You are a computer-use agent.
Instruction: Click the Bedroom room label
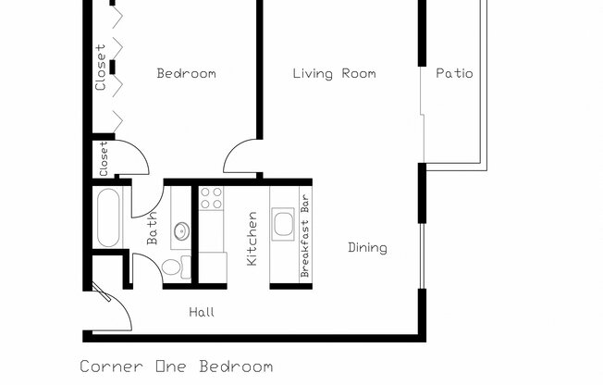tap(186, 74)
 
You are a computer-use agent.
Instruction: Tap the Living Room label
tap(334, 74)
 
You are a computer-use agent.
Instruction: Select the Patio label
tap(454, 74)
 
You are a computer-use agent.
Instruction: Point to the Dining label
tap(367, 248)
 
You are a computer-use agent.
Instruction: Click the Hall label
tap(202, 313)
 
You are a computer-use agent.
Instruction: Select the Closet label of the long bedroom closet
tap(101, 68)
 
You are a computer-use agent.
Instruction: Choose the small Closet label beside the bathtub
tap(104, 158)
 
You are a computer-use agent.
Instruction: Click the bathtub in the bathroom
tap(107, 218)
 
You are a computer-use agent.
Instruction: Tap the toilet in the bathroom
tap(172, 267)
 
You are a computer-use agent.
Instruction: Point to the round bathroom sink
tap(181, 230)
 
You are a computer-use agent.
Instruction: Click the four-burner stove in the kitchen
tap(212, 198)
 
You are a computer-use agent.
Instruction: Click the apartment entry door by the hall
tap(111, 310)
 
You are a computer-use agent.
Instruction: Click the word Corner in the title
tap(111, 366)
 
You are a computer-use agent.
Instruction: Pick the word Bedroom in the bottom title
tap(243, 366)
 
